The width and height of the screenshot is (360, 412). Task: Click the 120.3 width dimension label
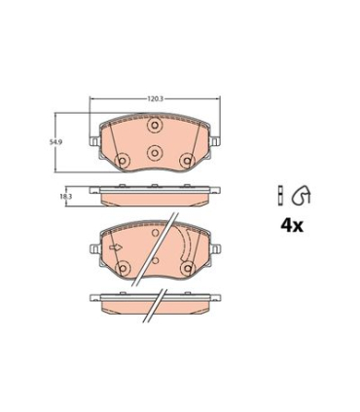click(155, 98)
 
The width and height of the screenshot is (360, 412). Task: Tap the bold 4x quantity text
click(292, 226)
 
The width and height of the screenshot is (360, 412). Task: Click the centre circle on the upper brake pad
click(155, 151)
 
